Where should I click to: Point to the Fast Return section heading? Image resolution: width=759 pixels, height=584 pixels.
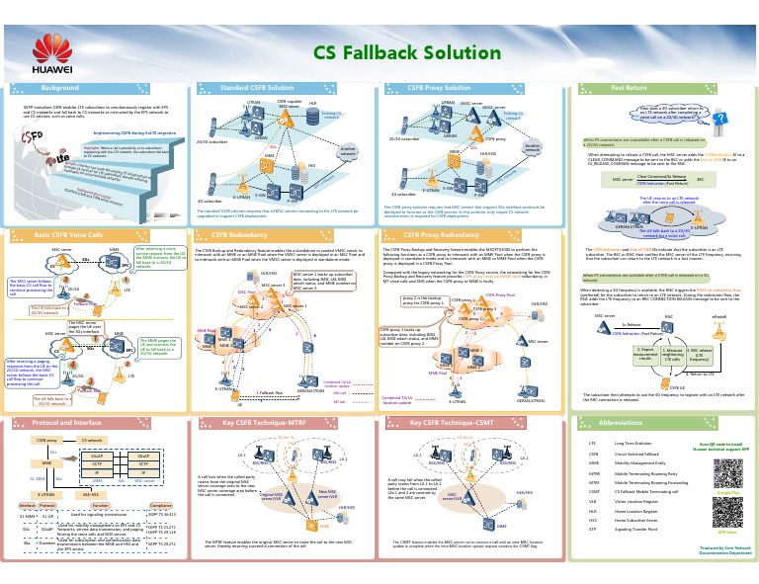point(629,88)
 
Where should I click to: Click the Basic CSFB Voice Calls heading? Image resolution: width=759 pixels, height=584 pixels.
point(68,235)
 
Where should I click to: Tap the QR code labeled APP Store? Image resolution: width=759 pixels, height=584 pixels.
point(727,514)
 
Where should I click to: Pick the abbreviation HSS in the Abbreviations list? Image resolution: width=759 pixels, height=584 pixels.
point(592,519)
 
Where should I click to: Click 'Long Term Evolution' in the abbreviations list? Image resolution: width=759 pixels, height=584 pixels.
point(633,444)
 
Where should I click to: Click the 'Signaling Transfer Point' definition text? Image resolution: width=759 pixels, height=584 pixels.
point(637,529)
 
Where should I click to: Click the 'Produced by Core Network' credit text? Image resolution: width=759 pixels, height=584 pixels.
point(725,546)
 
